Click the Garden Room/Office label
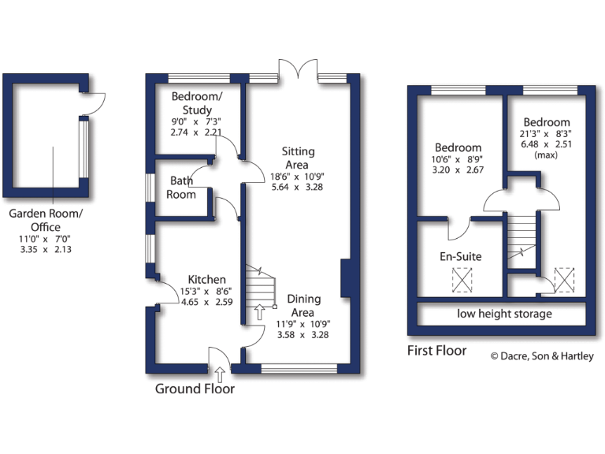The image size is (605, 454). (x=45, y=220)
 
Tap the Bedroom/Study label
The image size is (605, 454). (x=197, y=103)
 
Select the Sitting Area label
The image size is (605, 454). (x=301, y=158)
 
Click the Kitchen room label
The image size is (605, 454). (x=206, y=280)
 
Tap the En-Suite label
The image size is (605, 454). (x=460, y=256)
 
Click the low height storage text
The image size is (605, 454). (x=504, y=314)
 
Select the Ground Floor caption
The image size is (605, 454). (x=195, y=389)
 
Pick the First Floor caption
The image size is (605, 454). (x=437, y=351)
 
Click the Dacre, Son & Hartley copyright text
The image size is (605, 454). (x=543, y=355)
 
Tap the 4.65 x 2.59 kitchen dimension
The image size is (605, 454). (x=207, y=301)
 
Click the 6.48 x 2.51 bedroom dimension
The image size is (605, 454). (x=547, y=145)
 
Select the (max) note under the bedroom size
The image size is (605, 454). (x=546, y=155)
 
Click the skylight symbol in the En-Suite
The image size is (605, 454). (x=461, y=279)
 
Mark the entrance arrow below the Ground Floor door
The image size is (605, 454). (x=219, y=373)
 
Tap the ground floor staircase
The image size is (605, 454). (x=260, y=288)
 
